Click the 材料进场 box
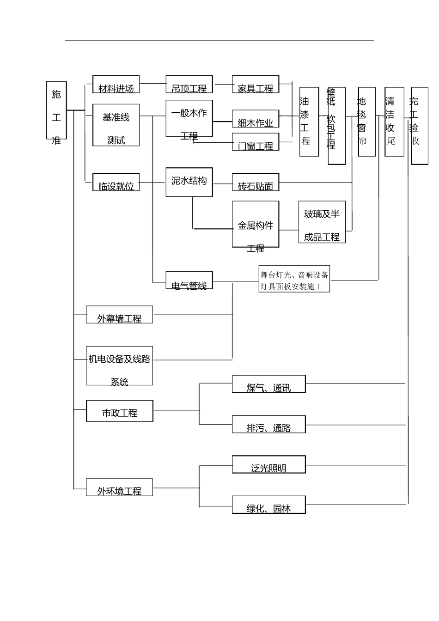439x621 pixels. pos(116,84)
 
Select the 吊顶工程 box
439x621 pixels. pos(189,84)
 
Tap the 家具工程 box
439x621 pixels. pos(256,84)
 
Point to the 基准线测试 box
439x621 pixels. pos(116,125)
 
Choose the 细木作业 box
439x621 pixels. pos(256,119)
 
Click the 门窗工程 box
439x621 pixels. pos(256,142)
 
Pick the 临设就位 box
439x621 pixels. pos(116,182)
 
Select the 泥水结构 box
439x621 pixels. pos(189,181)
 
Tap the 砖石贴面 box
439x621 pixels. pos(256,183)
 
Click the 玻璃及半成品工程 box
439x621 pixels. pos(322,222)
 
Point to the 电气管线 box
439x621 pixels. pos(189,280)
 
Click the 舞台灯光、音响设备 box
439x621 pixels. pos(294,279)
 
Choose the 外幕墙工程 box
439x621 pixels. pos(119,314)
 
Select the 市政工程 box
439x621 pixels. pos(120,411)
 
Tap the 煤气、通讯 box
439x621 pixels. pos(268,384)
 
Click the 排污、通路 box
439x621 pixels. pos(268,424)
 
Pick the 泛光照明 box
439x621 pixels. pos(268,464)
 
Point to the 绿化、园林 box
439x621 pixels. pos(268,505)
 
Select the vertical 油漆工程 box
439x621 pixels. pos(309,122)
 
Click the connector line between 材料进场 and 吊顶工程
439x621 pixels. pos(152,85)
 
